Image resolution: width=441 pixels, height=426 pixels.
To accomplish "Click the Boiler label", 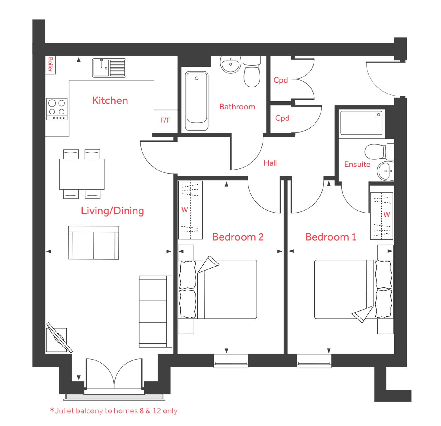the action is click(50, 65).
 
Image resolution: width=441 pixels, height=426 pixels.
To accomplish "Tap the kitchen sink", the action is click(109, 68).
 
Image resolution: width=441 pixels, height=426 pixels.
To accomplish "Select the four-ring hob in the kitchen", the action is click(57, 109).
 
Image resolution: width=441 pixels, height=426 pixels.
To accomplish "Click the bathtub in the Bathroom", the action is click(197, 101).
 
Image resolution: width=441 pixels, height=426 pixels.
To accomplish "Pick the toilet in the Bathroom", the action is click(252, 71).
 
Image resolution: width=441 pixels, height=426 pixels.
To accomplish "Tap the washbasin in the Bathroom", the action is click(231, 64).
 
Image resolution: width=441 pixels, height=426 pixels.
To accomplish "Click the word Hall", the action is click(270, 163).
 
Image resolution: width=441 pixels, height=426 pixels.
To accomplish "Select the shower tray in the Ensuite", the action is click(362, 123).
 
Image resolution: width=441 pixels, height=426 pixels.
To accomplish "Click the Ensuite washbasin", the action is click(385, 171).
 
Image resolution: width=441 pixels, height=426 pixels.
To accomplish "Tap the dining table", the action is click(82, 174).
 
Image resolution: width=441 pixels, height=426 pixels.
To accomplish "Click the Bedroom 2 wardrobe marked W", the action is click(190, 210).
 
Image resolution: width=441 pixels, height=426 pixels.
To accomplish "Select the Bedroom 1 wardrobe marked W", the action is click(382, 216).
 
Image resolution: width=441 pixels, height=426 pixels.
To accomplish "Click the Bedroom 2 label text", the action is click(238, 237).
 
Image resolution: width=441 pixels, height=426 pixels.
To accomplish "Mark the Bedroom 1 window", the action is click(314, 361).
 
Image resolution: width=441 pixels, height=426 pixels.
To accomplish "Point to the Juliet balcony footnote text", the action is click(114, 411).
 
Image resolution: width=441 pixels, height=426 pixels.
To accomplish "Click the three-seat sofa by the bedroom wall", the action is click(155, 312).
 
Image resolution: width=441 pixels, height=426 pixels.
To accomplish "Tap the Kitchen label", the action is click(110, 100).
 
